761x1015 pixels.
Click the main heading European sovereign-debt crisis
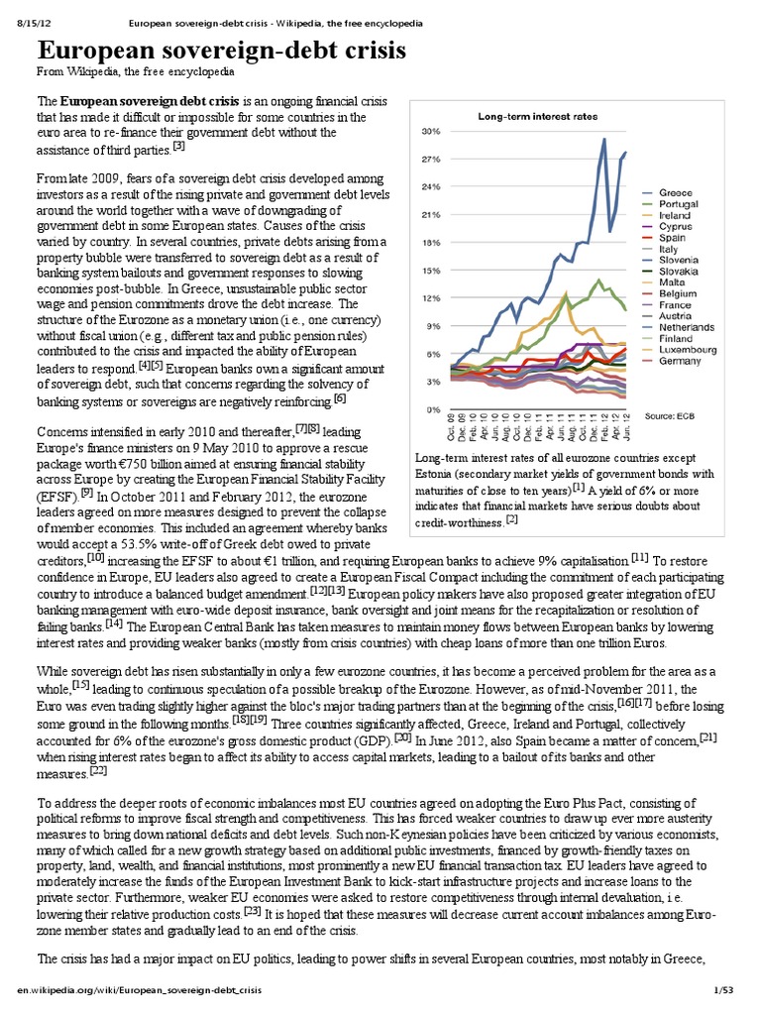pos(221,53)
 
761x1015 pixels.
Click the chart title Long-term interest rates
pos(538,116)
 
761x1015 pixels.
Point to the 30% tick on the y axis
pos(431,131)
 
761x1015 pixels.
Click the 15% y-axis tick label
pos(431,270)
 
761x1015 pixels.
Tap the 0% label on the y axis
pos(433,408)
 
